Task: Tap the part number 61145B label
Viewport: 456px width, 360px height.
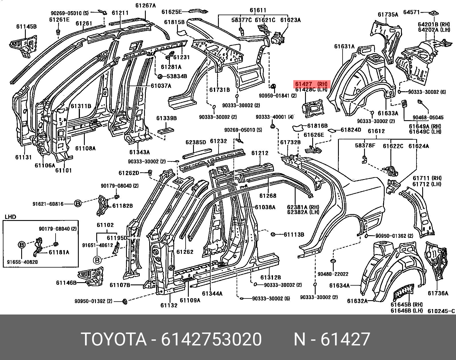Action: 26,26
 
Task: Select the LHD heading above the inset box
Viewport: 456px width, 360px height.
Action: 10,217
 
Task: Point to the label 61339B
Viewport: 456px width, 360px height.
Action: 166,118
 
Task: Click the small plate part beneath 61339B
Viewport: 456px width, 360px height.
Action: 166,130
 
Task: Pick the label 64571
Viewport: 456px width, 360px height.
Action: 412,12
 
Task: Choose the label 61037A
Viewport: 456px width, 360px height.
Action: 161,86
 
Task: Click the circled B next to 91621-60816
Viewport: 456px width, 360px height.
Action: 78,204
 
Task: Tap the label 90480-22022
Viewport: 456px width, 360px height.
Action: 333,274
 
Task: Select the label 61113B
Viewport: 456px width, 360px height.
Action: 294,234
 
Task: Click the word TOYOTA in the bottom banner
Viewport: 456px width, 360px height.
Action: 114,339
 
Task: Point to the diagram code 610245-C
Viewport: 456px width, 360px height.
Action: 441,311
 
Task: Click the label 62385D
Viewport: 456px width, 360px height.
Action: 196,142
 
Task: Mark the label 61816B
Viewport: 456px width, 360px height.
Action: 317,126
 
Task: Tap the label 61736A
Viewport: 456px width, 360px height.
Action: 438,293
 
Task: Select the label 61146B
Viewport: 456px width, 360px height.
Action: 66,283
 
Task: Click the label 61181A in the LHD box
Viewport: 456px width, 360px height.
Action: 59,252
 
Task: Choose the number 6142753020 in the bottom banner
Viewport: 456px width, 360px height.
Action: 211,339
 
